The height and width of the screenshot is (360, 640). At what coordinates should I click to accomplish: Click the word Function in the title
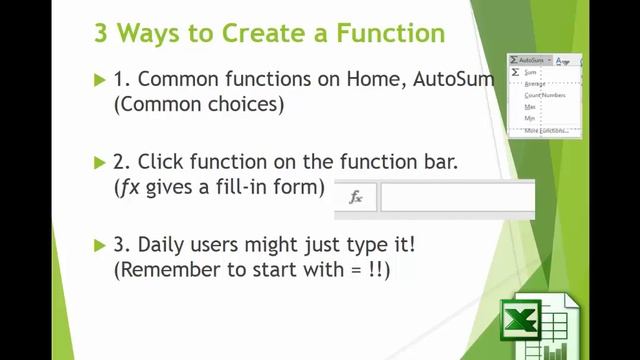coord(386,33)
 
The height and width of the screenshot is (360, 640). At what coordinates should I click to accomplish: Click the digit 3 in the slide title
coord(102,33)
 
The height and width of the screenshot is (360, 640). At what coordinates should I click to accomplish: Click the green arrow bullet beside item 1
coord(99,80)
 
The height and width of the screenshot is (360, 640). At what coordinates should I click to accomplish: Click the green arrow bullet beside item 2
coord(99,161)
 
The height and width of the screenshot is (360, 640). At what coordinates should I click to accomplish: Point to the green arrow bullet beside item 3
coord(99,244)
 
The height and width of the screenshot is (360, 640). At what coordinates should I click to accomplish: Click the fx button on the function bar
coord(355,198)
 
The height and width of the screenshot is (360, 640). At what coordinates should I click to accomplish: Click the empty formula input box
coord(456,198)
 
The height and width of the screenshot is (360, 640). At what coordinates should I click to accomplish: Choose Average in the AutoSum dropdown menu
coord(536,84)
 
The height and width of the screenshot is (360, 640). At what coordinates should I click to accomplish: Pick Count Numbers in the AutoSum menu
coord(545,96)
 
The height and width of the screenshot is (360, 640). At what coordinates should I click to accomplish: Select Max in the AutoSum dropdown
coord(531,107)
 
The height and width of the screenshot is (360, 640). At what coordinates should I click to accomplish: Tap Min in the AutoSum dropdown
coord(530,118)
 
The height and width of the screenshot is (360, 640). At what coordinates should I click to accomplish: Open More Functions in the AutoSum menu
coord(545,130)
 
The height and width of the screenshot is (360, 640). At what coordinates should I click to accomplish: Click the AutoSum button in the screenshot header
coord(530,61)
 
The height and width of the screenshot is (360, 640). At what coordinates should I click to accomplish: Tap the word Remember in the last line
coord(166,270)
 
